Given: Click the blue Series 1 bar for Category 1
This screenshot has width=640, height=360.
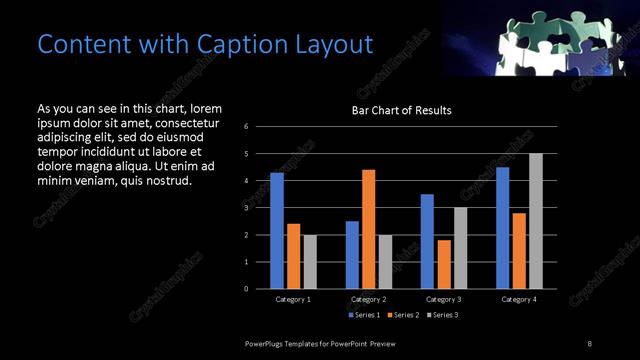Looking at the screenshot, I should pos(277,231).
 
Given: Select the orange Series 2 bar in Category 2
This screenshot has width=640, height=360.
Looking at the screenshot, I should pos(368,229).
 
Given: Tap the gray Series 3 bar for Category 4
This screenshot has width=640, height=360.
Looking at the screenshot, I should pos(536,221).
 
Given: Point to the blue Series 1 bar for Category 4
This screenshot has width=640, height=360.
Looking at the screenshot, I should pos(502,228).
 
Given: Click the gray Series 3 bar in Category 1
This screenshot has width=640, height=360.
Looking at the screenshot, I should pos(310,262).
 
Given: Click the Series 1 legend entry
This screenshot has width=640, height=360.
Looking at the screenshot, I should pos(365,315).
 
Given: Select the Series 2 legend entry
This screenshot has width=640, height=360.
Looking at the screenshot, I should pos(404,315).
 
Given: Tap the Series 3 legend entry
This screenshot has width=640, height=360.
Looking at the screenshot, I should pos(443,315).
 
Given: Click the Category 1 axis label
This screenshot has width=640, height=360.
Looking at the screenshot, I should pos(293,299).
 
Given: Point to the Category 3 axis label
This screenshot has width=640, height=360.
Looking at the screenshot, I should pos(443,299).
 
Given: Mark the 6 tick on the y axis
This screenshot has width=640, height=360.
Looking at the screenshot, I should pos(246,127).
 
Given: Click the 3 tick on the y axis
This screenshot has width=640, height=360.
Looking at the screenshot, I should pos(246,208).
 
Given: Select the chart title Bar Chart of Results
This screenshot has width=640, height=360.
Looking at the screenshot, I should pos(401,110).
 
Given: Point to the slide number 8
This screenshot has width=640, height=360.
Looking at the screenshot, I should pos(589,343).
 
